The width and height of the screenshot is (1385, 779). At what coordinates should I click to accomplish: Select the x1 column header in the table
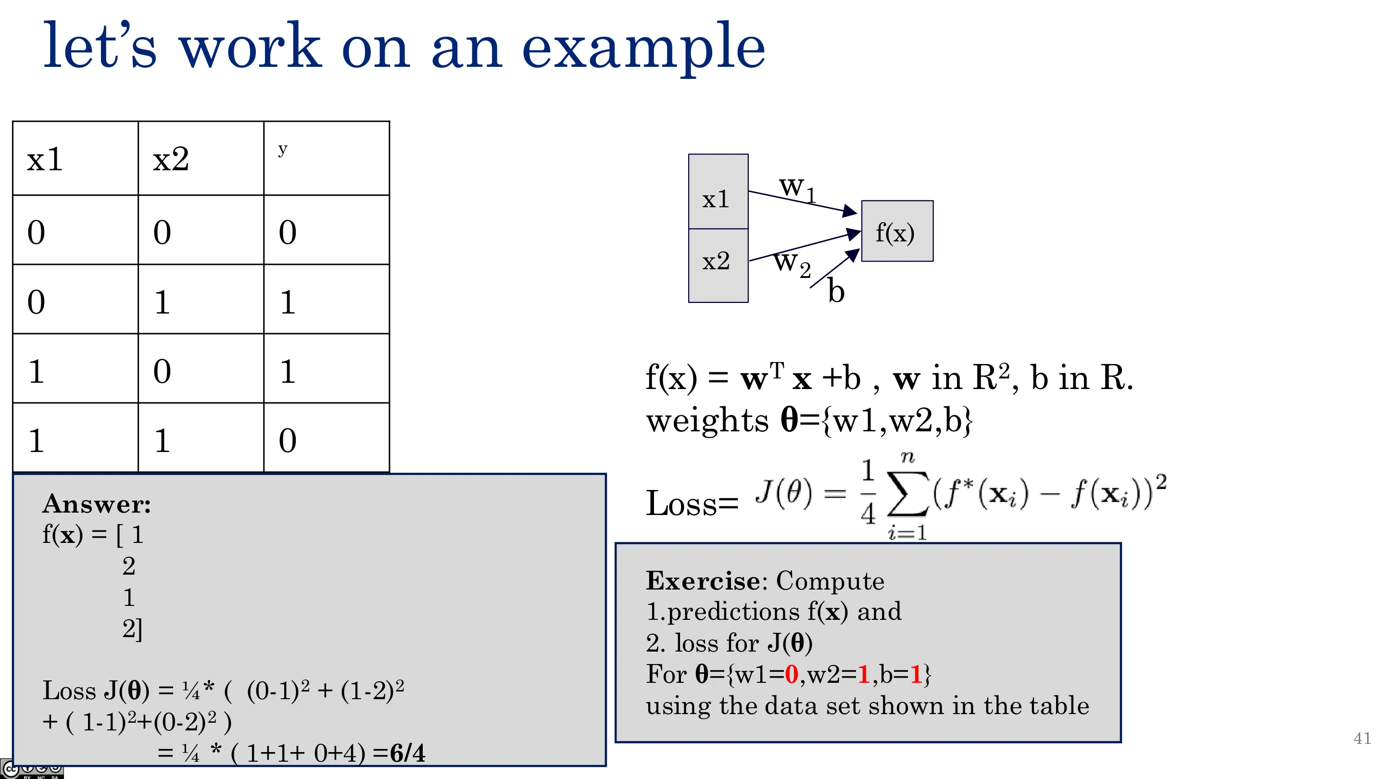45,159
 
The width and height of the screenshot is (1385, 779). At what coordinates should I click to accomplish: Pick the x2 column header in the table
171,159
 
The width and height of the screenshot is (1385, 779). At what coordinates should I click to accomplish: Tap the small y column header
283,150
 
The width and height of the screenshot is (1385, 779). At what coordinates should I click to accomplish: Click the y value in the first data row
288,232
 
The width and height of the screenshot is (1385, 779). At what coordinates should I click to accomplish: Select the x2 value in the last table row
163,440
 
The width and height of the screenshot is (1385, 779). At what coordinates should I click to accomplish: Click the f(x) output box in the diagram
897,231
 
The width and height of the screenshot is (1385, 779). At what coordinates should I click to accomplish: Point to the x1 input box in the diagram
718,192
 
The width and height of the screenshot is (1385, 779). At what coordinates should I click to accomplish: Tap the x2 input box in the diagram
718,265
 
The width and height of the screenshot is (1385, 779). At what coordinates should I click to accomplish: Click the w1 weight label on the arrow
798,188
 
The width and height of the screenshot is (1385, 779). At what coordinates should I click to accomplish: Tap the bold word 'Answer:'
97,504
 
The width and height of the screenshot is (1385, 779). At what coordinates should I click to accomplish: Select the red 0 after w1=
792,674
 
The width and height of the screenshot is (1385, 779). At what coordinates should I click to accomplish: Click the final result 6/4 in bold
407,753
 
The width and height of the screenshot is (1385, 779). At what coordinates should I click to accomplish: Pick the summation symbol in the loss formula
907,493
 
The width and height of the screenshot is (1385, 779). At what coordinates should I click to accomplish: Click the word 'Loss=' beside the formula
692,504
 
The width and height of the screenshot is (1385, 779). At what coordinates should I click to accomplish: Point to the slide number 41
1362,738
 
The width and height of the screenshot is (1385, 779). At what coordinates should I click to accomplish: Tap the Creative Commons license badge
32,769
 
